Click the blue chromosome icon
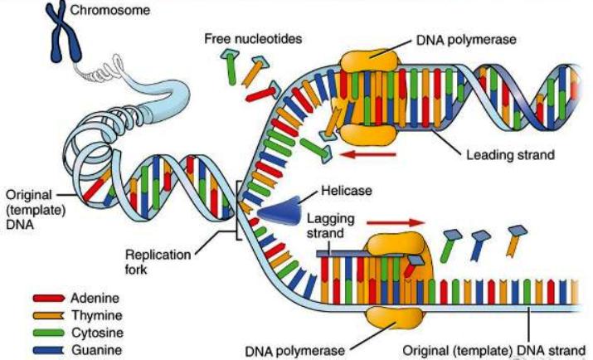62,32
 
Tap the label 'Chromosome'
110,10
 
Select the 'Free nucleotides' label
253,38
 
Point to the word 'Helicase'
347,191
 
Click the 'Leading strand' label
510,154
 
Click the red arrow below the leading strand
367,154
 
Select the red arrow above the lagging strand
396,222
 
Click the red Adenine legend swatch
49,299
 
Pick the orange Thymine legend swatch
49,315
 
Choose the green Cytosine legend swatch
49,333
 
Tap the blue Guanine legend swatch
49,350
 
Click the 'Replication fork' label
158,261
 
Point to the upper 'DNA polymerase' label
466,40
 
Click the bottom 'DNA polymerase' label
294,352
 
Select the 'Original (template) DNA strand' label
494,351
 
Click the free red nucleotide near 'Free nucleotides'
262,94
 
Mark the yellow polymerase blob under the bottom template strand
394,318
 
